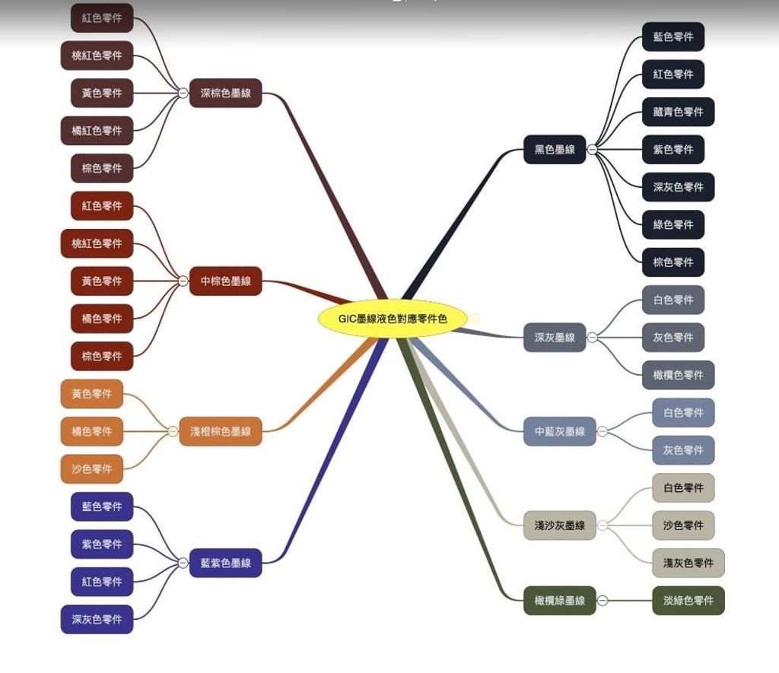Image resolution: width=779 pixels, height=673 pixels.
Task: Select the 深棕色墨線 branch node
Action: (225, 94)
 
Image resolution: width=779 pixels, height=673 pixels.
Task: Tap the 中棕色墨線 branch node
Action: (225, 281)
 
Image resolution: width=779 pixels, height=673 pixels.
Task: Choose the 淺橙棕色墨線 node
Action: (221, 431)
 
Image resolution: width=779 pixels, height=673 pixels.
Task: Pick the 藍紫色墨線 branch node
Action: (225, 563)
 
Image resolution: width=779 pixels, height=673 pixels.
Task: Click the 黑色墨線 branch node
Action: (555, 150)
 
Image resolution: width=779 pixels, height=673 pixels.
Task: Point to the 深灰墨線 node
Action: (555, 337)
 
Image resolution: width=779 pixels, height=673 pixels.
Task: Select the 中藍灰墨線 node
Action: (560, 431)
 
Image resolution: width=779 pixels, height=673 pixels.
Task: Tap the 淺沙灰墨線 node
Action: (559, 525)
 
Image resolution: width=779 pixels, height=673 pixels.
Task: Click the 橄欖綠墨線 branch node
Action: (559, 600)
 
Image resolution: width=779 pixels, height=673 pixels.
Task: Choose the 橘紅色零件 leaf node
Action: (97, 131)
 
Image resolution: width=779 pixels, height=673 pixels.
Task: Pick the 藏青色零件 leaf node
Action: (678, 112)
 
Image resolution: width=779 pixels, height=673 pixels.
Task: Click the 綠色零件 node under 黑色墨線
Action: (673, 224)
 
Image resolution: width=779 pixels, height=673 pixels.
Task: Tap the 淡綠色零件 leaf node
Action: (688, 600)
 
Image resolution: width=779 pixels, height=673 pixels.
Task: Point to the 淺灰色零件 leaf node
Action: (688, 563)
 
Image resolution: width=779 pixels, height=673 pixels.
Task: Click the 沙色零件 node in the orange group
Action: (91, 468)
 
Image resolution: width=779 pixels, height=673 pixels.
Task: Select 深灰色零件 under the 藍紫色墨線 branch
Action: (97, 619)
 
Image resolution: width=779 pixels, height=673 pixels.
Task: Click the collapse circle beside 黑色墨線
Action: (592, 150)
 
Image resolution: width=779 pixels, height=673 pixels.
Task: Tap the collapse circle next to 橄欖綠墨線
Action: (603, 600)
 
